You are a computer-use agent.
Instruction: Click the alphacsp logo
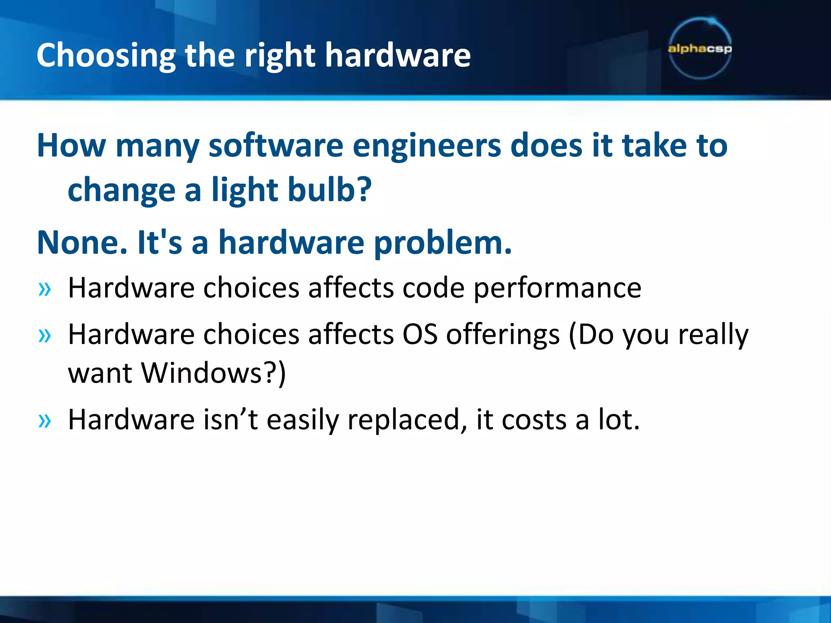pyautogui.click(x=700, y=49)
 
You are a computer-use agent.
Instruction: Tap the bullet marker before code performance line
pyautogui.click(x=45, y=289)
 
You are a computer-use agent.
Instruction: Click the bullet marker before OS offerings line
pyautogui.click(x=45, y=336)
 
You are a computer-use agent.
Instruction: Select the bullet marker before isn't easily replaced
pyautogui.click(x=45, y=421)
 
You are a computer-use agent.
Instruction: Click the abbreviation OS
pyautogui.click(x=420, y=335)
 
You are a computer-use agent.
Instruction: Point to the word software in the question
pyautogui.click(x=276, y=146)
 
